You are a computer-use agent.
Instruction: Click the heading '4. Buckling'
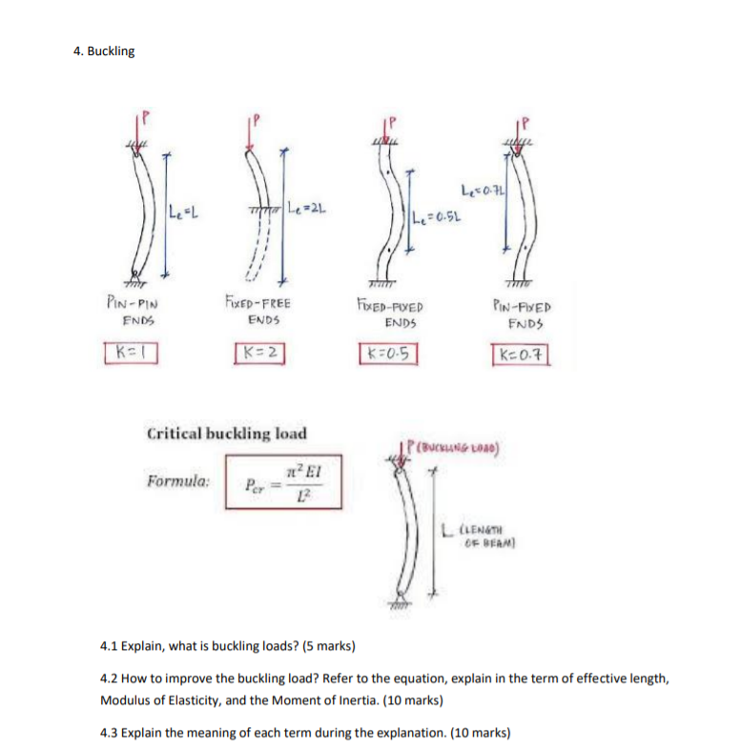coord(104,51)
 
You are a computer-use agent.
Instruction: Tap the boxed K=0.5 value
coord(387,354)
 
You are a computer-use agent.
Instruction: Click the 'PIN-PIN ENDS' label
coord(125,312)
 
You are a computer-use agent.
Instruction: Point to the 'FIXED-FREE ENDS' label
coord(258,312)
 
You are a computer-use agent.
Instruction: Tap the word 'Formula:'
coord(179,481)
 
